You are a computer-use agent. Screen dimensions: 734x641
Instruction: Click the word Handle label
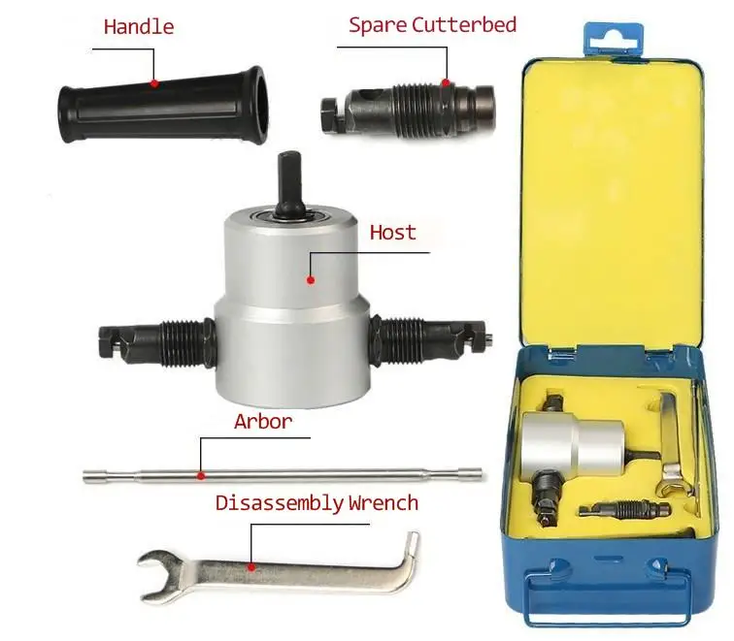[139, 26]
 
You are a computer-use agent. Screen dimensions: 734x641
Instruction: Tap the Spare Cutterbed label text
[433, 25]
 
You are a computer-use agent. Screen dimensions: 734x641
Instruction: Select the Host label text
[393, 233]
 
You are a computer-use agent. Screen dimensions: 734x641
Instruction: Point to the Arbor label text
[263, 421]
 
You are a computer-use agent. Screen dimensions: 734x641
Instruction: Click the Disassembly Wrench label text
[317, 503]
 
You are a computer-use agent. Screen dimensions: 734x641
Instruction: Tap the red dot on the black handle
[154, 83]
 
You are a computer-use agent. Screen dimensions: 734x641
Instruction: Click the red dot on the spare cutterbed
[446, 83]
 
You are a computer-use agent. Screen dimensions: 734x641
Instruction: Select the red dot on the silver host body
[311, 280]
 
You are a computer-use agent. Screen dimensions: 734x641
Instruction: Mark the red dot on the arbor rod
[201, 476]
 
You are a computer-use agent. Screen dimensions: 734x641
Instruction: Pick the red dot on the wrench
[251, 567]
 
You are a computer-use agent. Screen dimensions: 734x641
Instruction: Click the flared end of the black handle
[254, 105]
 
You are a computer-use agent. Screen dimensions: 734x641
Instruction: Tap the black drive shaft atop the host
[290, 184]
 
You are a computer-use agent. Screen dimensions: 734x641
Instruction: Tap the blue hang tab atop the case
[614, 40]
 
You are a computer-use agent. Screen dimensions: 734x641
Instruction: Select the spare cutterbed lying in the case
[624, 510]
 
